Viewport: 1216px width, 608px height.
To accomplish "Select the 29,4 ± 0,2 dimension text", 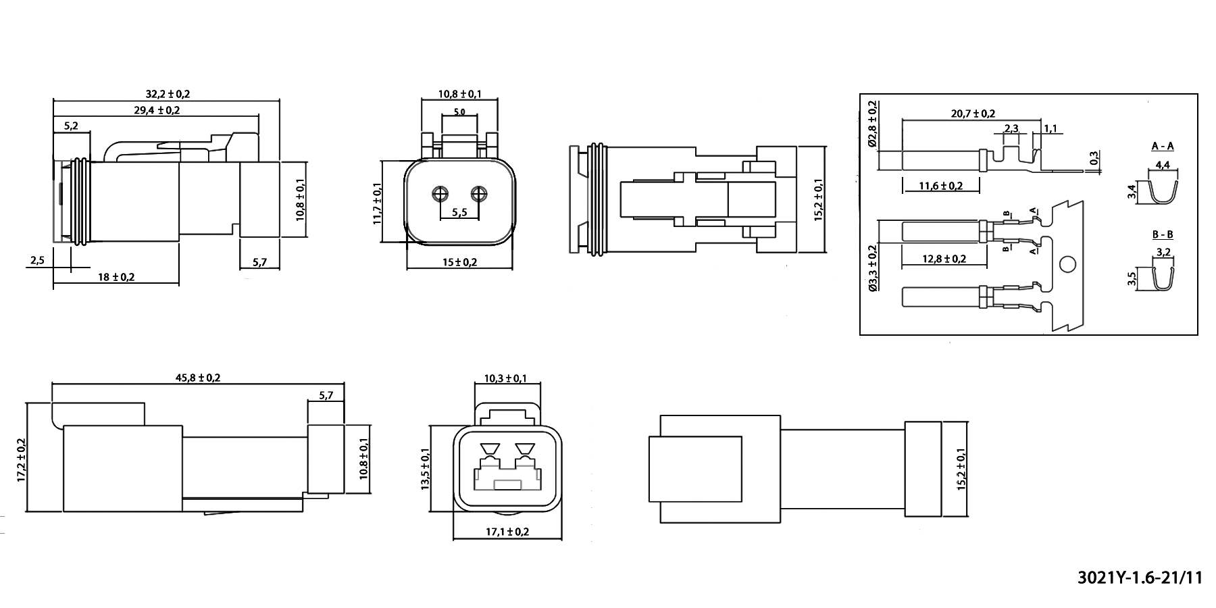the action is click(x=157, y=109).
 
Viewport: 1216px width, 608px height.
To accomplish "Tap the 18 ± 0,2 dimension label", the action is click(x=117, y=277).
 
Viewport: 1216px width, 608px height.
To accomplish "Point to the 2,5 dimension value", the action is click(x=37, y=260).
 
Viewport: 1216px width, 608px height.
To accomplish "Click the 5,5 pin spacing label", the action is click(x=459, y=212).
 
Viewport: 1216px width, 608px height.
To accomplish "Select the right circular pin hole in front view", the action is click(x=480, y=195).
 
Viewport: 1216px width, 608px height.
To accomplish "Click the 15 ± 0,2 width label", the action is click(x=459, y=261).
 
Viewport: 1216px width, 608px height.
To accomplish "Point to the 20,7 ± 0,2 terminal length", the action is click(x=973, y=113).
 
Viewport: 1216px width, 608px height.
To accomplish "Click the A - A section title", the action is click(x=1163, y=146).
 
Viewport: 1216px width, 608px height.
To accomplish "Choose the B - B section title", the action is click(x=1163, y=235).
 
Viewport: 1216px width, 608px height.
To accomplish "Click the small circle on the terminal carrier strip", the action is click(x=1067, y=265).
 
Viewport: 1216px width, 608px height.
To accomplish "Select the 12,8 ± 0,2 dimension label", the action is click(x=944, y=259).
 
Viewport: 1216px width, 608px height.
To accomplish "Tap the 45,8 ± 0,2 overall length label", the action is click(x=198, y=378).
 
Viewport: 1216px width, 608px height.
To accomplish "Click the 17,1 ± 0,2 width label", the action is click(x=507, y=532).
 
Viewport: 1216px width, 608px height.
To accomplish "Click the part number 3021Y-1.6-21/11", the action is click(x=1141, y=578).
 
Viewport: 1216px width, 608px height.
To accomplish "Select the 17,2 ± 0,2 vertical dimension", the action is click(x=21, y=459).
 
